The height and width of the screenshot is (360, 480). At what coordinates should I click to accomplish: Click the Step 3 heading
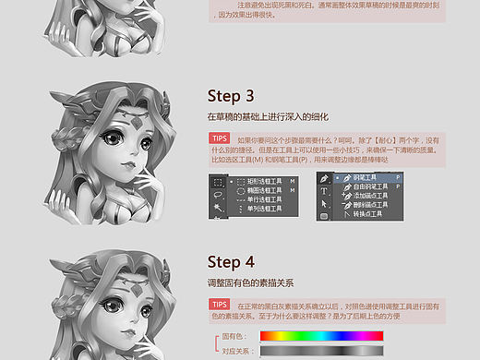(x=231, y=96)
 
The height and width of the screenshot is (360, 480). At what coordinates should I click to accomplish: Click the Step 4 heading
(x=231, y=260)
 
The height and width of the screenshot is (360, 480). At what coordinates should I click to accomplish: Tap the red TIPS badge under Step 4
(x=220, y=304)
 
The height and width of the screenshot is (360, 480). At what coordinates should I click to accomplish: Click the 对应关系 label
(x=237, y=351)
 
